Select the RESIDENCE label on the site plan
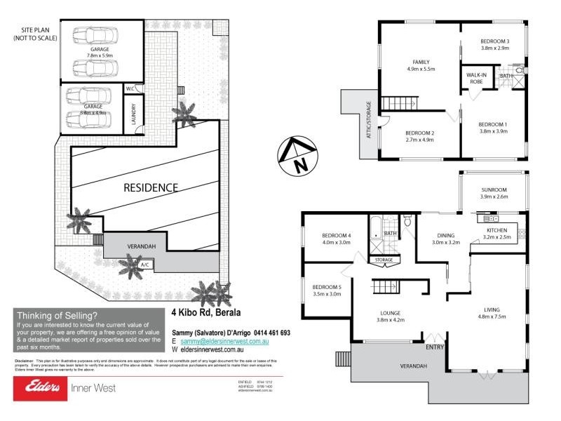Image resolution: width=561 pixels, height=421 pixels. tap(151, 187)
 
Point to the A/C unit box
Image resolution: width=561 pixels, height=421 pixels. tap(145, 265)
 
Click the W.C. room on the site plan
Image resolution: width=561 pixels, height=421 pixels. tap(130, 89)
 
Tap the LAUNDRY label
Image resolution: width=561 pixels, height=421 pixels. tap(133, 114)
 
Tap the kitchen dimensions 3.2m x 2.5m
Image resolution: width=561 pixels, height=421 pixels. tap(497, 238)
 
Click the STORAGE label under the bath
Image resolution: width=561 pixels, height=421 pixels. tap(384, 260)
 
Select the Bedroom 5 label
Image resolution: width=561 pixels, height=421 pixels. tap(326, 287)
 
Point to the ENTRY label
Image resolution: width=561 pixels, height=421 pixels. tap(434, 347)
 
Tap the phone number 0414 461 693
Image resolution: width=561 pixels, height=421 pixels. tap(264, 333)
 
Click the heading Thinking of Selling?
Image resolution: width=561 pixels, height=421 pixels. tap(57, 315)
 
